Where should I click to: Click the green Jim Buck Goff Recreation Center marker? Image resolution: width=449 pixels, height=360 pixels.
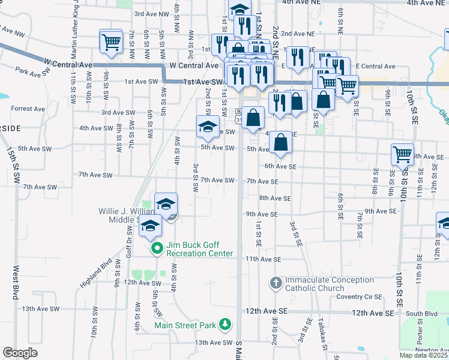[157, 248]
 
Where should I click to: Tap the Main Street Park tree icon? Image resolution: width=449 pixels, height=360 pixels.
[225, 325]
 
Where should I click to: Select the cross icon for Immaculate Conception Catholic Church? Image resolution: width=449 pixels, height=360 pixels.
[276, 282]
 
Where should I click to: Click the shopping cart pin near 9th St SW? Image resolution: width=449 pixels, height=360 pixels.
[110, 43]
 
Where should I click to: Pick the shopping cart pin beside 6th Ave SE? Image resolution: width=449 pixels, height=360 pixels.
[402, 154]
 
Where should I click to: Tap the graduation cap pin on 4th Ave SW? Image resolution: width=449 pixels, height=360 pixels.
[208, 127]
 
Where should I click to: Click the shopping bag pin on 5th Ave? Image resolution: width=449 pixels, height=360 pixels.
[280, 143]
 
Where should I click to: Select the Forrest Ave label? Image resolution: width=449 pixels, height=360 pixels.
[28, 109]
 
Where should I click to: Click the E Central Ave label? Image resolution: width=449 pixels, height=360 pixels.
[375, 66]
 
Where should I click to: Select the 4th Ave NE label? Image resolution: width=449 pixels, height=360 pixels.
[427, 3]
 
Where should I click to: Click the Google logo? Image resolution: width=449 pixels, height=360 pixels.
[20, 352]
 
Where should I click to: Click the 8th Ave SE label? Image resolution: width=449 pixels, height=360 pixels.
[274, 197]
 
